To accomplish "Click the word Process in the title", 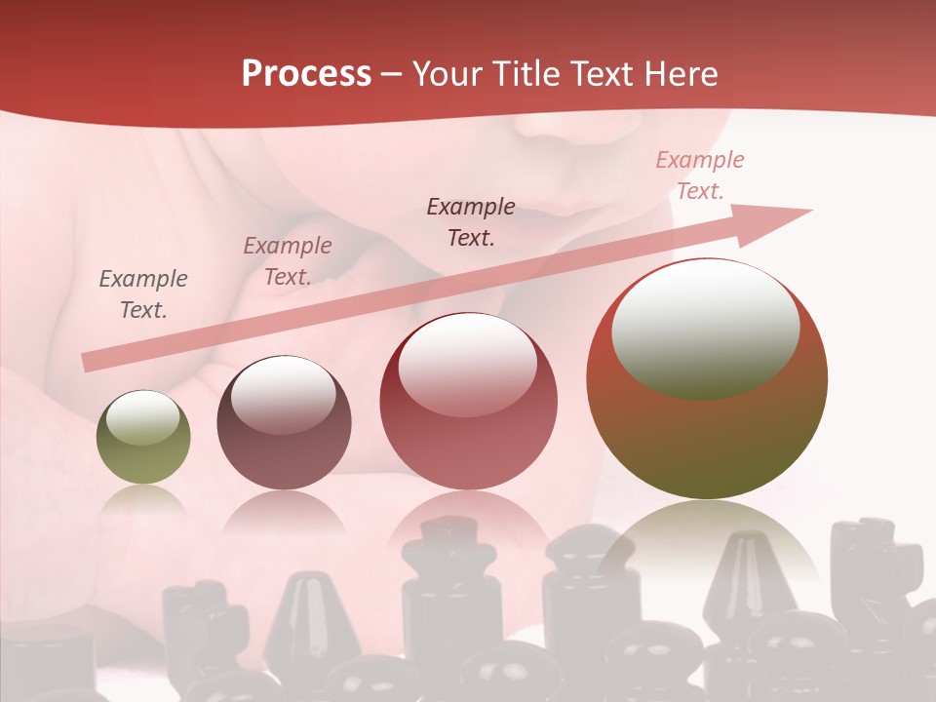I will tap(306, 74).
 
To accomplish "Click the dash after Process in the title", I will tap(392, 75).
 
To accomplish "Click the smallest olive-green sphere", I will tap(143, 438).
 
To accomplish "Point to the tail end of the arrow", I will tap(90, 362).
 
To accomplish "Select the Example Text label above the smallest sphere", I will tap(143, 293).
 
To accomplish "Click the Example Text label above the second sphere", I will tap(287, 261).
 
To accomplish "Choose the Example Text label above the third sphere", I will tap(471, 221).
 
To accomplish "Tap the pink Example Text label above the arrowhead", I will tap(699, 175).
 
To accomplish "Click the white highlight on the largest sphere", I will tap(705, 329).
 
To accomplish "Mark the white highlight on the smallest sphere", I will tap(142, 418).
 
